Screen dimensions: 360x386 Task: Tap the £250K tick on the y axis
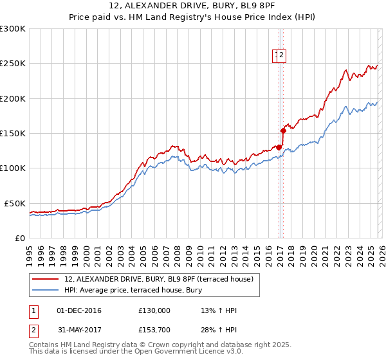click(12, 64)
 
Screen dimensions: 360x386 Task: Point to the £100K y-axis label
click(12, 168)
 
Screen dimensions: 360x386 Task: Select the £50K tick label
click(15, 203)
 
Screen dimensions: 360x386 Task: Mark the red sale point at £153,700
click(283, 130)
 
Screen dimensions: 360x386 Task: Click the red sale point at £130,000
click(278, 147)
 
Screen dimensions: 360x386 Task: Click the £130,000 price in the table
click(154, 310)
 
